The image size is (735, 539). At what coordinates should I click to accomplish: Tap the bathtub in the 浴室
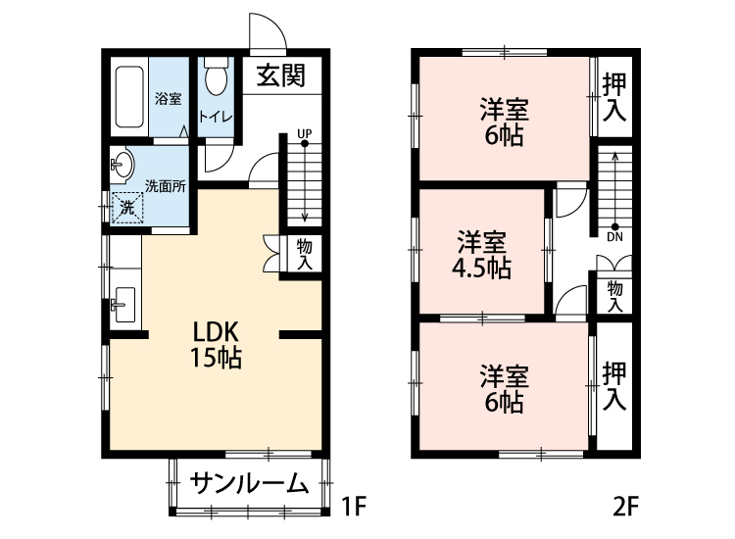[129, 98]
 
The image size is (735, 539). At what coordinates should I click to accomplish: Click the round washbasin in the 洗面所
[123, 165]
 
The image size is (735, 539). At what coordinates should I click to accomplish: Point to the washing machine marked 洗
[127, 207]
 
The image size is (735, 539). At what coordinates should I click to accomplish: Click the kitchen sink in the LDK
[122, 305]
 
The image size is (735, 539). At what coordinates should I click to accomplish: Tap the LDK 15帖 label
[217, 343]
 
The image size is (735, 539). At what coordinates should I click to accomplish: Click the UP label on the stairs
[304, 133]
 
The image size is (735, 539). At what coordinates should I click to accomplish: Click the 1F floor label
[353, 508]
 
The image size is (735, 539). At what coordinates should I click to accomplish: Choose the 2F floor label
[625, 508]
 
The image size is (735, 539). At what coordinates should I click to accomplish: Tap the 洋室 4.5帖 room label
[482, 255]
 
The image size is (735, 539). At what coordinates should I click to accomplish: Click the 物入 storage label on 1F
[304, 253]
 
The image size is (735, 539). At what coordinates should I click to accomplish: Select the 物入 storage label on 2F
[614, 296]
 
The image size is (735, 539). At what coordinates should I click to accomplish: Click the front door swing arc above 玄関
[267, 31]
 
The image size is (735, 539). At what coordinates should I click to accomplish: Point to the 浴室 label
[168, 98]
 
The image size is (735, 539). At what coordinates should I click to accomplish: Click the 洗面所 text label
[166, 185]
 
